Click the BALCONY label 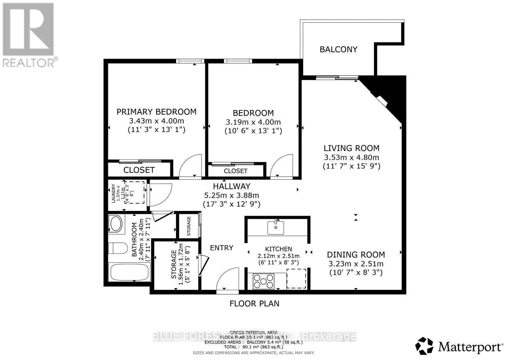coord(338,49)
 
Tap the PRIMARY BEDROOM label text coord(156,112)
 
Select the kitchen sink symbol coord(276,228)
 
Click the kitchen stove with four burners coord(263,281)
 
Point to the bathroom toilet coord(118,248)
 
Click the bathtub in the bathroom coord(129,272)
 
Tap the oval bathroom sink coord(116,224)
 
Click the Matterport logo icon coord(424,346)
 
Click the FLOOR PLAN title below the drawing coord(254,303)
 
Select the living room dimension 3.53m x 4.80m coord(351,157)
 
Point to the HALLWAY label coord(231,186)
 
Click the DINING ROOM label coord(356,255)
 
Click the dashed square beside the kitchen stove coord(296,278)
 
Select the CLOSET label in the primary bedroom coord(139,170)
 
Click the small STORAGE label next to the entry coord(189,226)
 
